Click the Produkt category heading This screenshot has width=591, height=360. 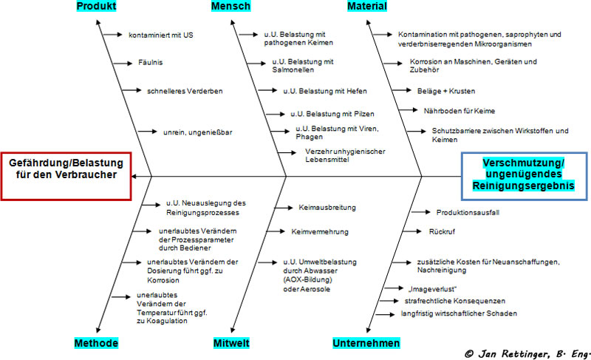point(96,6)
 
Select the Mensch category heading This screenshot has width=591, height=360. point(230,6)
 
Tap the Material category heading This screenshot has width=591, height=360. point(367,6)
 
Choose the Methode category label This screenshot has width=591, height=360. point(96,343)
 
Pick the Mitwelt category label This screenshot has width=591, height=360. point(231,343)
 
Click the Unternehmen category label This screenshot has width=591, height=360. point(366,343)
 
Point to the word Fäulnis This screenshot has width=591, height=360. point(151,63)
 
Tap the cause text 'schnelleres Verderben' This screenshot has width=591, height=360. point(185,91)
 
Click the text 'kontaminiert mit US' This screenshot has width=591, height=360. point(161,35)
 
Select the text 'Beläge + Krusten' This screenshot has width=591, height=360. point(446,91)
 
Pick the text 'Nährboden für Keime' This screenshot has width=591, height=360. point(460,111)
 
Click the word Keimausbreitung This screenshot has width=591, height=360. point(327,208)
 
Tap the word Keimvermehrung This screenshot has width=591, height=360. point(320,232)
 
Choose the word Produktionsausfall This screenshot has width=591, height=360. point(468,213)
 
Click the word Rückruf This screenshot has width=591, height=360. point(442,232)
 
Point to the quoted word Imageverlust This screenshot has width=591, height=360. point(432,289)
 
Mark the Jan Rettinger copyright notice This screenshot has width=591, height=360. point(527,354)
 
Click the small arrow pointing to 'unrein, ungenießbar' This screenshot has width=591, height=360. point(147,132)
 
